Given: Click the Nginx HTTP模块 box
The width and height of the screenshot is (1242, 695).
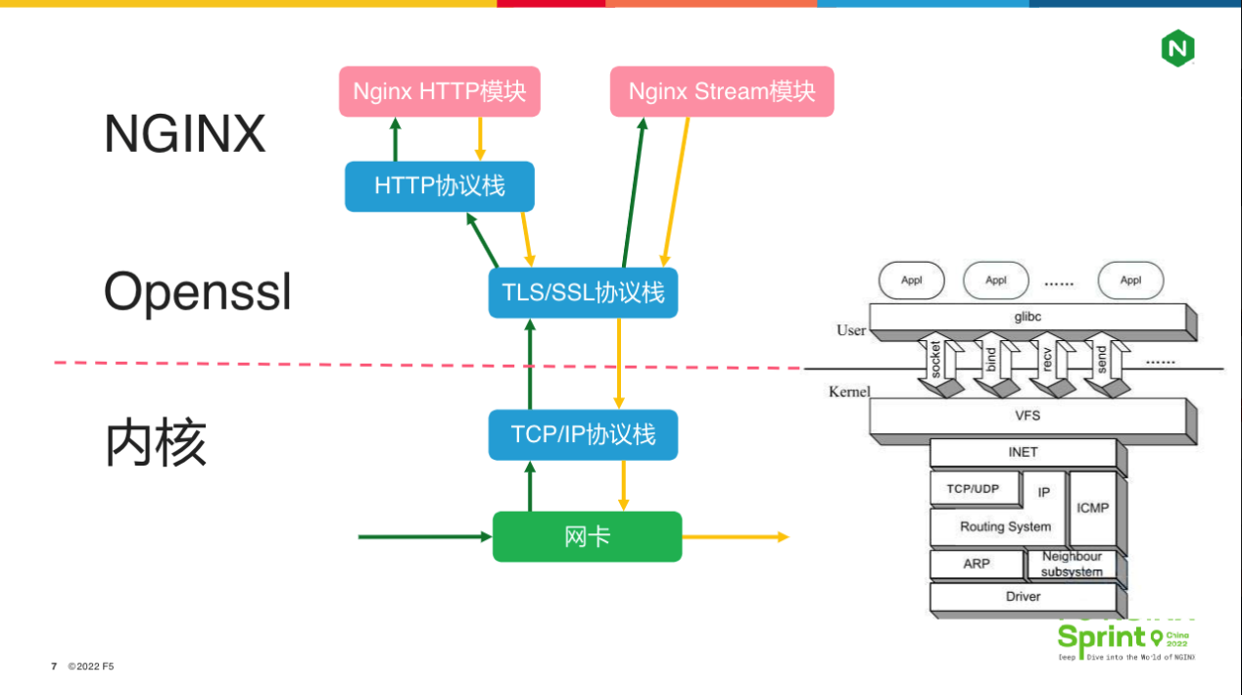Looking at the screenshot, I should tap(440, 91).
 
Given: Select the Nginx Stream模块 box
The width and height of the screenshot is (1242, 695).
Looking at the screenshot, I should tap(722, 91).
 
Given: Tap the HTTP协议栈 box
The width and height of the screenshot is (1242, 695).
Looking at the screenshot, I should tap(440, 186).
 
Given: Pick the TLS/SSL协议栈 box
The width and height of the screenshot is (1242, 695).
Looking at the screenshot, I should tap(583, 292).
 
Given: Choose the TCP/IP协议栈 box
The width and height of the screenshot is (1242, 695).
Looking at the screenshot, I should tap(583, 434).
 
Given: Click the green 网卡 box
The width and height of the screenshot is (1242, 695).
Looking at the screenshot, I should tap(587, 536).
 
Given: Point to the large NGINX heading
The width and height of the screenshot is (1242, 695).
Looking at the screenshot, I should tap(185, 133).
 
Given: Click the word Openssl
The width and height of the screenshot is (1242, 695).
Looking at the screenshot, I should tap(198, 291).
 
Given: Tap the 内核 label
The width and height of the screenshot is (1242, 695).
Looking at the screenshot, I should tap(156, 443).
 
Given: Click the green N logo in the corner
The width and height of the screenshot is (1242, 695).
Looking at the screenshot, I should tap(1178, 48).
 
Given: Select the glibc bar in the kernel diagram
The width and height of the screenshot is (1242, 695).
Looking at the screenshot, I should tap(1027, 317).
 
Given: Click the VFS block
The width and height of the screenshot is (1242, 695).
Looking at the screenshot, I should tap(1027, 416).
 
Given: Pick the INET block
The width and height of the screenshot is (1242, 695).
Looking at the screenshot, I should tap(1022, 452).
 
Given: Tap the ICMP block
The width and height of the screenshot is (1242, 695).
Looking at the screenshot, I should tap(1092, 508).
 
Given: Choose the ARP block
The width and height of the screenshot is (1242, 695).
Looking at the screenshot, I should tap(976, 565).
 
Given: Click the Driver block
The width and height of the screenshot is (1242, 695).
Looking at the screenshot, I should tap(1022, 596).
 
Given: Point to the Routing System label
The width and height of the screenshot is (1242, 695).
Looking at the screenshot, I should tap(1005, 526).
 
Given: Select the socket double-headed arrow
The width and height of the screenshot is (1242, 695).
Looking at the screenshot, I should tap(936, 365).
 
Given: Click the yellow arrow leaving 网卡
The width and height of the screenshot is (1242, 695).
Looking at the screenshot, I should tap(735, 537).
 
